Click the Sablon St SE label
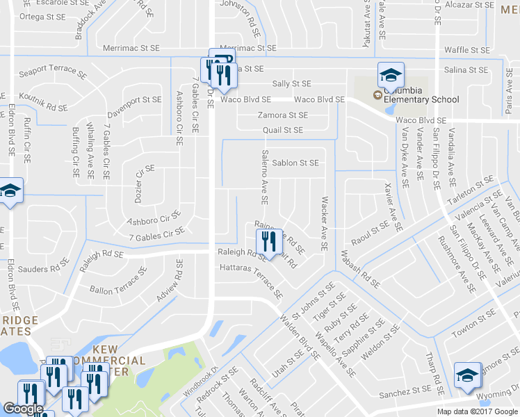pyautogui.click(x=295, y=163)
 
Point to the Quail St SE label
pyautogui.click(x=283, y=130)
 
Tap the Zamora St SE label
pyautogui.click(x=282, y=115)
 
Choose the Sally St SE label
pyautogui.click(x=291, y=83)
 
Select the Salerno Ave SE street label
pyautogui.click(x=264, y=177)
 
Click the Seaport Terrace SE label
pyautogui.click(x=53, y=72)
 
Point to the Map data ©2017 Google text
pyautogui.click(x=476, y=411)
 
